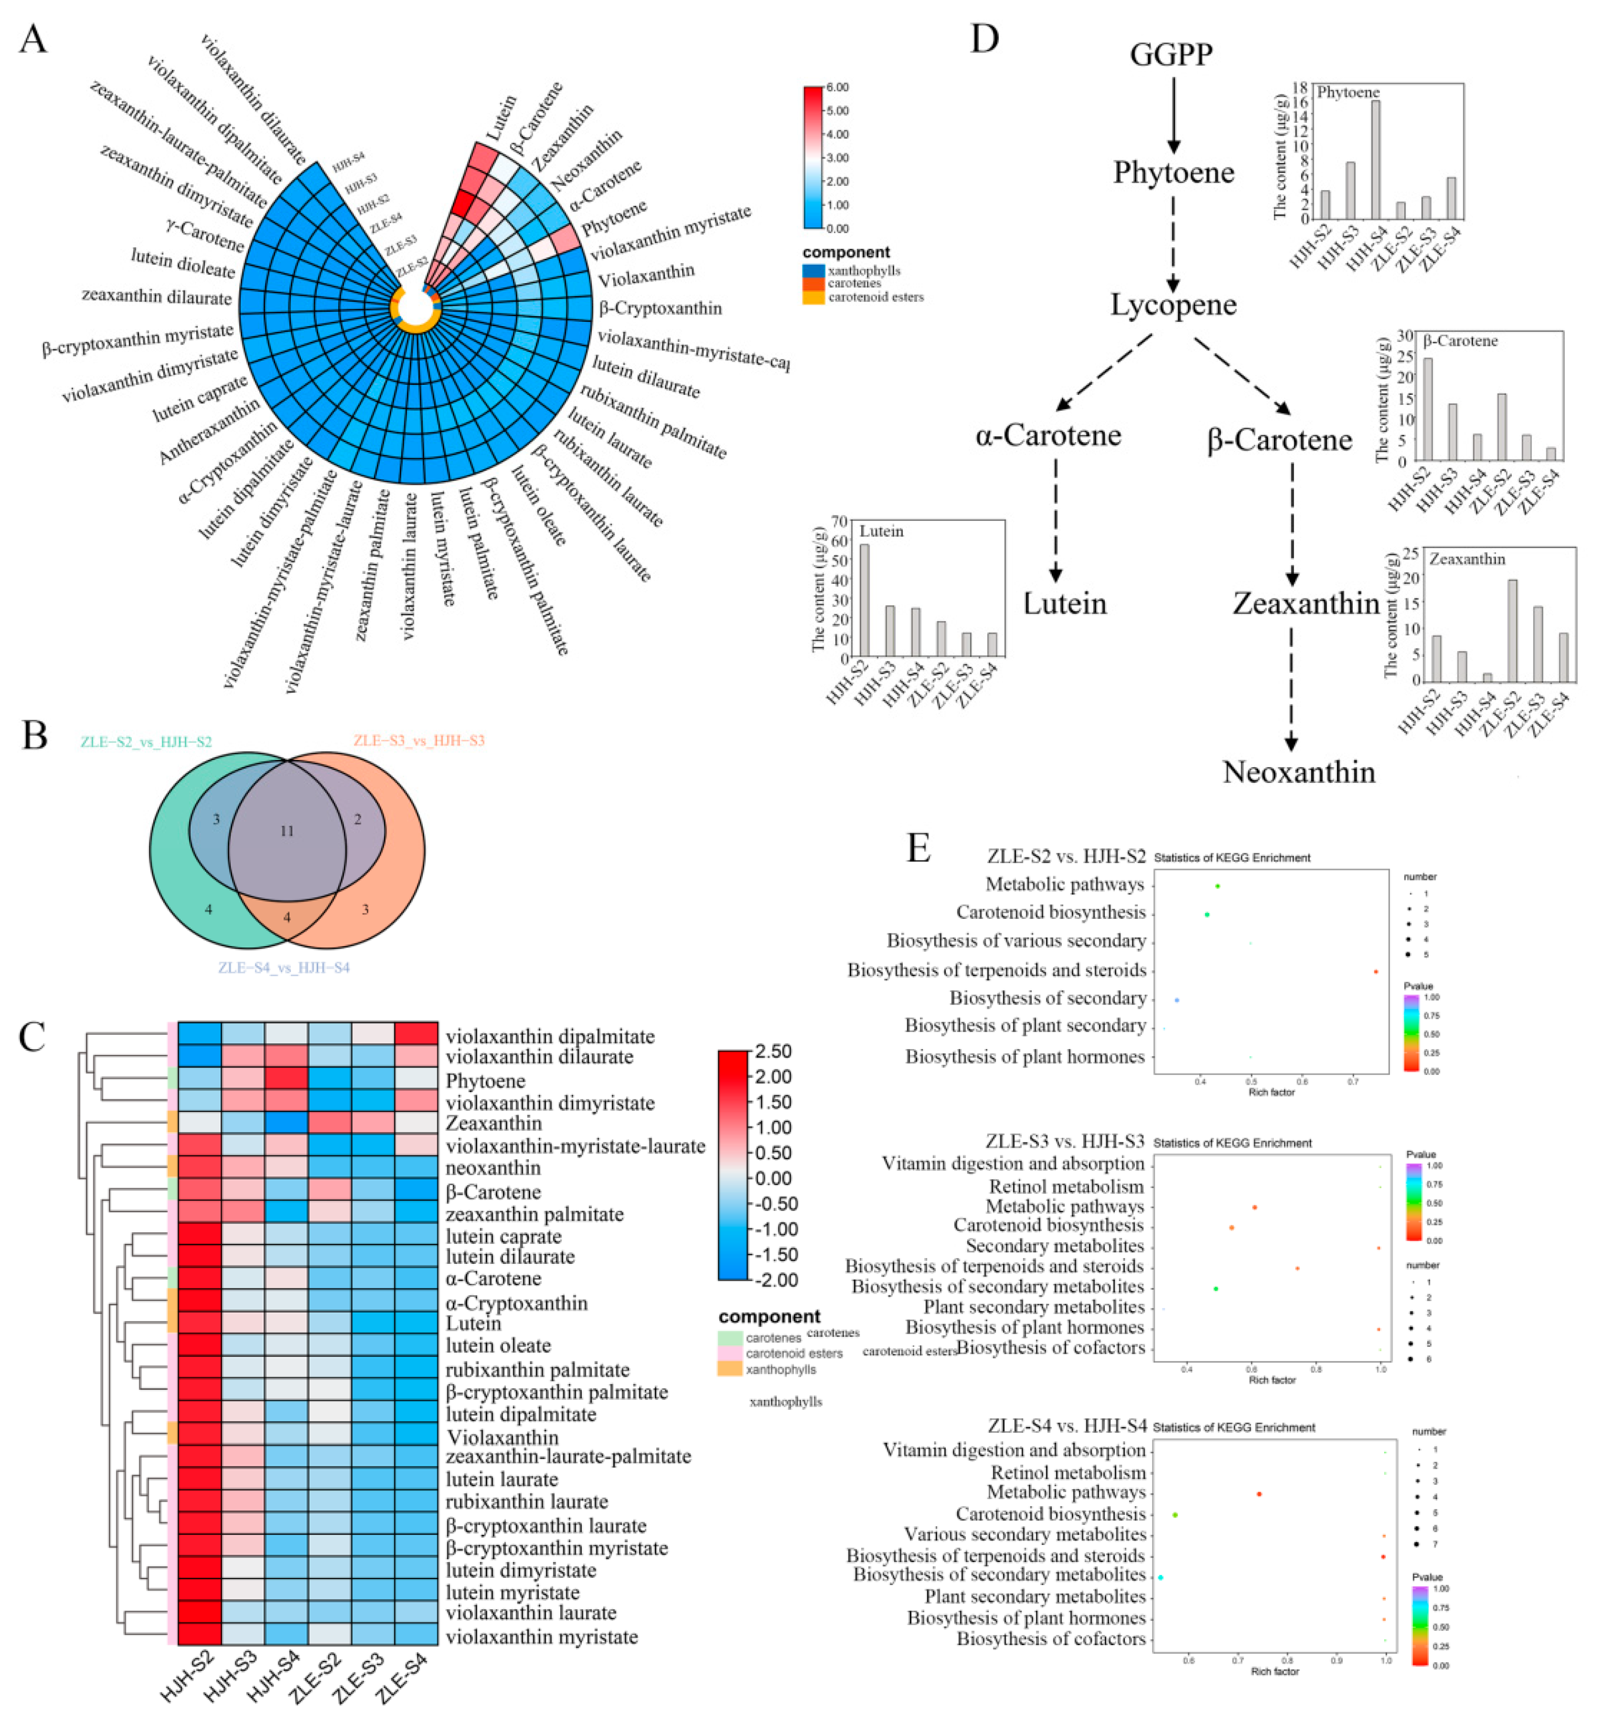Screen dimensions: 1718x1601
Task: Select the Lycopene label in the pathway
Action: coord(1173,304)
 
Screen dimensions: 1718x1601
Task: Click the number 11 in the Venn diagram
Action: coord(287,831)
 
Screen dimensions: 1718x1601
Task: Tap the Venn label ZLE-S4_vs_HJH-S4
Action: coord(284,968)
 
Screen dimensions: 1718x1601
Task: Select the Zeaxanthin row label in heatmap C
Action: coord(494,1124)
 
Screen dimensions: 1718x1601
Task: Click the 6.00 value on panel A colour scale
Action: coord(836,87)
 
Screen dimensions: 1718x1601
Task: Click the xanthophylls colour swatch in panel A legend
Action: coord(813,270)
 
